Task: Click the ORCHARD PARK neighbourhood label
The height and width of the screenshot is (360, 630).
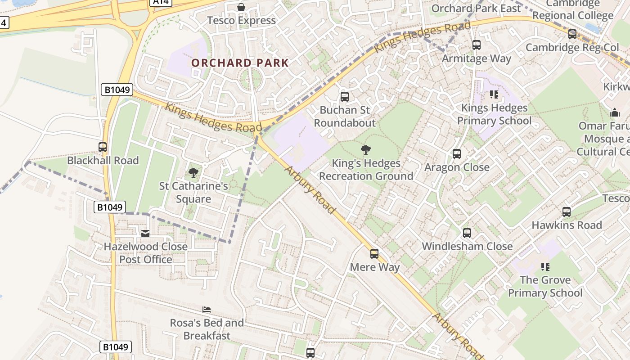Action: [x=240, y=63]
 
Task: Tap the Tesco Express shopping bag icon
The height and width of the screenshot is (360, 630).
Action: [x=241, y=7]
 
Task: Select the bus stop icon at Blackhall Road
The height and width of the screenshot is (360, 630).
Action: [x=103, y=147]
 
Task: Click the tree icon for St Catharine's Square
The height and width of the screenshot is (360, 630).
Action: [x=193, y=172]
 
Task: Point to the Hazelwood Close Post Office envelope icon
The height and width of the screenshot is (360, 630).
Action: [x=145, y=233]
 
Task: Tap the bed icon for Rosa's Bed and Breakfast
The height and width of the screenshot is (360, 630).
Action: [x=207, y=310]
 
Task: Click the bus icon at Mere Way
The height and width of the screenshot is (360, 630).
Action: [x=374, y=254]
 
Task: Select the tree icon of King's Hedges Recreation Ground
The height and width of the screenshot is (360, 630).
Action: [x=366, y=150]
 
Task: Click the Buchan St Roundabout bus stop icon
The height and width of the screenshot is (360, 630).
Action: [x=345, y=96]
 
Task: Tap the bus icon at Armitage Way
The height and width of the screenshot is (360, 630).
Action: [x=477, y=45]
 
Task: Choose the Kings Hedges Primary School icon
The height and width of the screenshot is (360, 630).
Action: [x=494, y=94]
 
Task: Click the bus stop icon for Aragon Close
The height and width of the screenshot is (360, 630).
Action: [x=457, y=154]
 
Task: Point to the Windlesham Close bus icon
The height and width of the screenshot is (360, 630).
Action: [x=467, y=233]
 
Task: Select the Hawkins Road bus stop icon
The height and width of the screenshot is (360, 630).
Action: [x=567, y=211]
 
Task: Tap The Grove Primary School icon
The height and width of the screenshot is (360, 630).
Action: [x=545, y=267]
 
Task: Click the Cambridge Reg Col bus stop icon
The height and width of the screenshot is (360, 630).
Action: [x=572, y=34]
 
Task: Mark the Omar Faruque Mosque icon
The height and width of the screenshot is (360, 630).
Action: [x=615, y=112]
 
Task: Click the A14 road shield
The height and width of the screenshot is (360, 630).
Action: [x=162, y=2]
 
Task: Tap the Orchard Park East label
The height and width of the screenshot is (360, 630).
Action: [x=476, y=8]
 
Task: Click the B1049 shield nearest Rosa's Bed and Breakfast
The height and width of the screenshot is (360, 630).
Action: [x=115, y=347]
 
